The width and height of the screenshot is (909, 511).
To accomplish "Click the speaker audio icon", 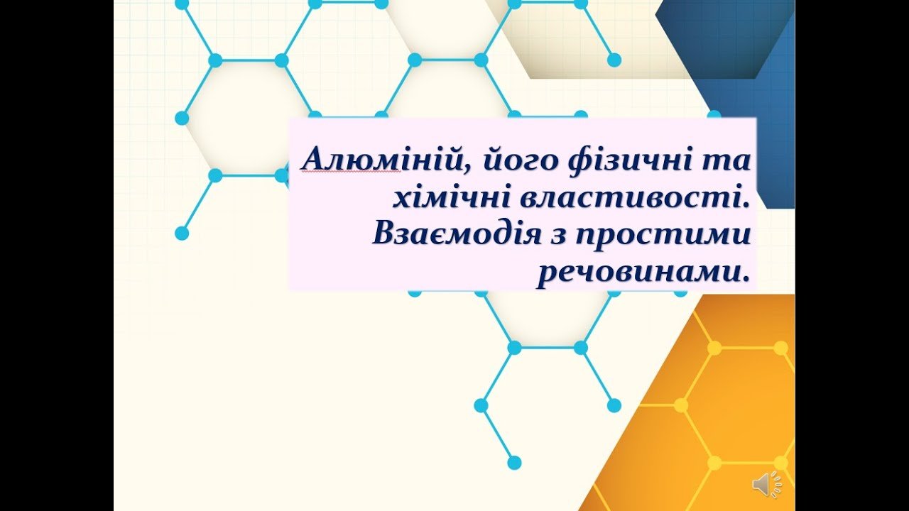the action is pyautogui.click(x=767, y=483).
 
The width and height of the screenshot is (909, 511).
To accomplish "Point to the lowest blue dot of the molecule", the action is pyautogui.click(x=514, y=463).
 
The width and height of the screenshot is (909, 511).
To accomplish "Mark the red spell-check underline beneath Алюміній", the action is pyautogui.click(x=352, y=172).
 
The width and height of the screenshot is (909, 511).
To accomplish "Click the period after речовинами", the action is pyautogui.click(x=744, y=280).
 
